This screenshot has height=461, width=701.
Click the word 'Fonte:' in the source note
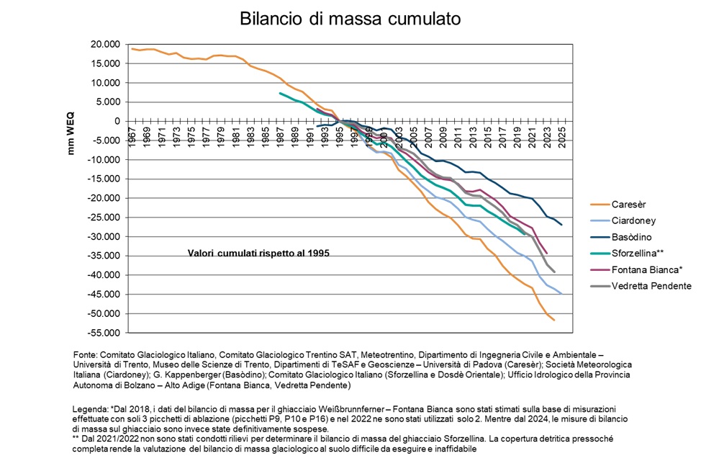[x=85, y=355]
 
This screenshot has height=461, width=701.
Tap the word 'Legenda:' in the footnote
[x=90, y=409]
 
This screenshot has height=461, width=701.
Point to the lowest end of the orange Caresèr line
[x=554, y=320]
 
